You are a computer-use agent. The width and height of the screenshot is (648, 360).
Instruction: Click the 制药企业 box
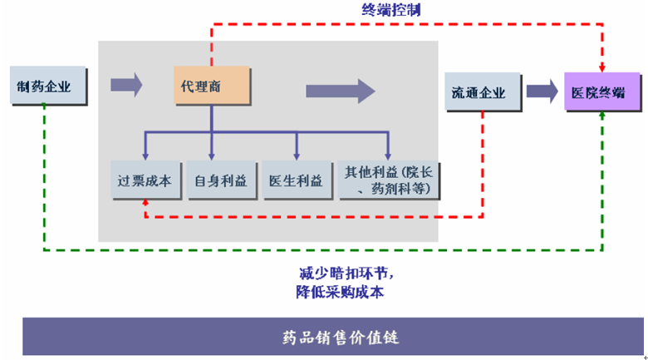click(48, 86)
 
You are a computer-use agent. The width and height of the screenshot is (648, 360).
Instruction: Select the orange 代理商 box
click(212, 86)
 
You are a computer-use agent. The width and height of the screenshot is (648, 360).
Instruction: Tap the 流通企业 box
click(483, 91)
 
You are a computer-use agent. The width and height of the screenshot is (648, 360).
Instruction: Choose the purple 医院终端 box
click(602, 91)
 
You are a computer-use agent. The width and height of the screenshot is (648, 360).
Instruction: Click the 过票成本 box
click(146, 180)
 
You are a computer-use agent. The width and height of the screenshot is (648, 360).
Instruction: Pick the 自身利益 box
click(222, 180)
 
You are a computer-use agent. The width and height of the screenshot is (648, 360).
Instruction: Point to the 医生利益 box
click(297, 180)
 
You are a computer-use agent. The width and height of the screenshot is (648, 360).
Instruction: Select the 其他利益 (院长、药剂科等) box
click(389, 180)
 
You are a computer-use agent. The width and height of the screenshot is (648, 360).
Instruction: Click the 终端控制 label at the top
click(391, 9)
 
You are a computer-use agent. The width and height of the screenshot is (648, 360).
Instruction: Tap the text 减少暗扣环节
click(346, 274)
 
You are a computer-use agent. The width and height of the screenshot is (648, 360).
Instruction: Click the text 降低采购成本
click(340, 292)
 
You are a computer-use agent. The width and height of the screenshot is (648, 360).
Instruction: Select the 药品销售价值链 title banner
click(332, 337)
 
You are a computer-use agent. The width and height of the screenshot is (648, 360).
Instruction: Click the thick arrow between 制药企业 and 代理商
click(126, 86)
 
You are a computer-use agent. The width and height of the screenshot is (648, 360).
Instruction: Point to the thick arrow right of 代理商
click(341, 91)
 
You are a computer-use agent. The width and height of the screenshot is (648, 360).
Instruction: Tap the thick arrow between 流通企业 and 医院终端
click(542, 91)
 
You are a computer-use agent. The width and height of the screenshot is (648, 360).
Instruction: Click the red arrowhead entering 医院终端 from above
click(602, 68)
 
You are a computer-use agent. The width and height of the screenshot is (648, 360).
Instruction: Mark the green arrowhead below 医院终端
click(602, 116)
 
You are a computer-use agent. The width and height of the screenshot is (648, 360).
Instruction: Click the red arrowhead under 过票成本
click(145, 202)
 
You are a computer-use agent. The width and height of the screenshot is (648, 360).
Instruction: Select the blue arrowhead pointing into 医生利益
click(297, 156)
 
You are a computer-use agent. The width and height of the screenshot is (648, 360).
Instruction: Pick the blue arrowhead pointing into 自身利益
click(212, 156)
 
